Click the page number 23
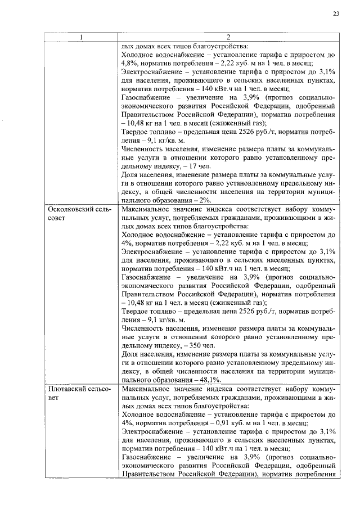(x=335, y=13)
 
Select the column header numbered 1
(x=82, y=38)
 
